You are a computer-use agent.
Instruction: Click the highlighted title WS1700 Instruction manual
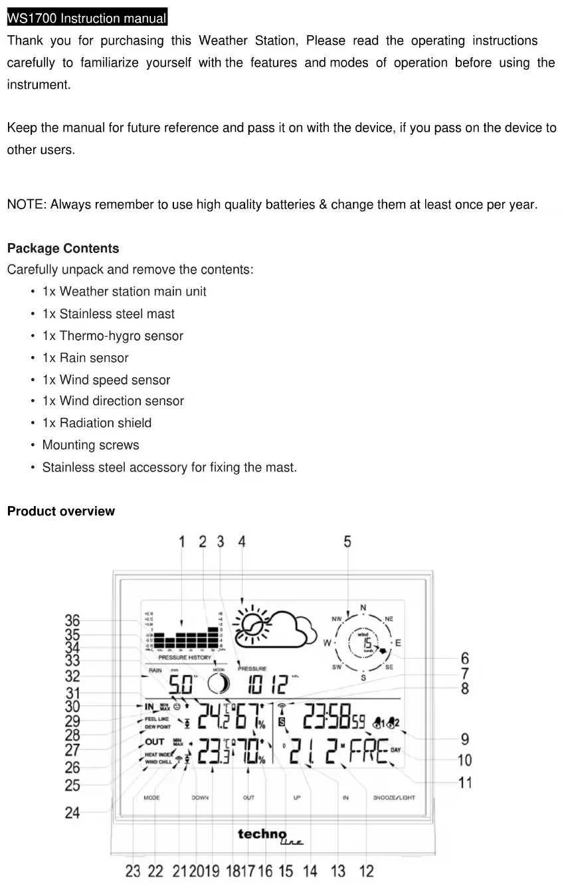click(x=87, y=18)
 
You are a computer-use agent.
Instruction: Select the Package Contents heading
click(x=63, y=248)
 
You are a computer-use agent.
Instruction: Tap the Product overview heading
click(x=60, y=511)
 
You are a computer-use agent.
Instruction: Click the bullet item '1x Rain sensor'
click(x=85, y=358)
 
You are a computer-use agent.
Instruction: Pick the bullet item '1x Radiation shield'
click(x=96, y=423)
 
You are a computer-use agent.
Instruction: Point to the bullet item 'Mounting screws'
click(x=90, y=445)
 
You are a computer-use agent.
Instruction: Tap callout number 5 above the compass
click(x=347, y=541)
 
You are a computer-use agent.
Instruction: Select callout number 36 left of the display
click(x=72, y=620)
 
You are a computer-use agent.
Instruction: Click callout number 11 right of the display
click(x=465, y=782)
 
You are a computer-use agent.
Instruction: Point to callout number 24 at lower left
click(x=72, y=812)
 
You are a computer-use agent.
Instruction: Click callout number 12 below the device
click(x=366, y=871)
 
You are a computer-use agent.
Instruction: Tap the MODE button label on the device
click(x=152, y=798)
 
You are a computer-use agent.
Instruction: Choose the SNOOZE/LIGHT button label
click(x=394, y=798)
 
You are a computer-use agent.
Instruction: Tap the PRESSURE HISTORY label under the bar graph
click(x=185, y=658)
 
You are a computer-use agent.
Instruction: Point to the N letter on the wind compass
click(x=363, y=607)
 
